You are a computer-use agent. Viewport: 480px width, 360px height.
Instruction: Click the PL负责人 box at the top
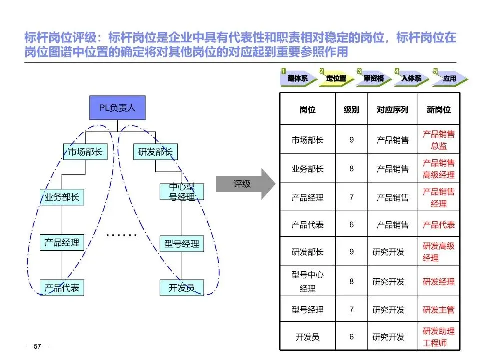(x=117, y=108)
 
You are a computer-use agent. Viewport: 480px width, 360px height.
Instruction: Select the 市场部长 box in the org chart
(x=85, y=152)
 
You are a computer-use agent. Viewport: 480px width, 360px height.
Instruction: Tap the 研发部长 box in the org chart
(x=155, y=152)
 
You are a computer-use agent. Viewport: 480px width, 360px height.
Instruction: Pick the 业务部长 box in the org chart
(x=62, y=197)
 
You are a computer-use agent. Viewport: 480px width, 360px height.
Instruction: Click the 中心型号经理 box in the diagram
(x=182, y=192)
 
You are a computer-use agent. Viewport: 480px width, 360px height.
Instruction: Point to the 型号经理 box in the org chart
(x=182, y=244)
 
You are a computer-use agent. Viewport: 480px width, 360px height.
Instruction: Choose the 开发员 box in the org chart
(x=182, y=288)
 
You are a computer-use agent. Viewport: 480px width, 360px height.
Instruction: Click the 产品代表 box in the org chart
(x=62, y=288)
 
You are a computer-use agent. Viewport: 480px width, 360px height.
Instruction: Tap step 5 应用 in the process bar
(x=449, y=78)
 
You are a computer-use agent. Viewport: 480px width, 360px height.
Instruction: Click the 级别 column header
(x=351, y=109)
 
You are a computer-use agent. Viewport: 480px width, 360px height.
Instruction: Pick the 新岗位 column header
(x=439, y=109)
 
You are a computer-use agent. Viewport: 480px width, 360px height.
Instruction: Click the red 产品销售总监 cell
(x=439, y=140)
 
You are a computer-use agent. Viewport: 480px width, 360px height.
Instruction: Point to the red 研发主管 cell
(x=439, y=310)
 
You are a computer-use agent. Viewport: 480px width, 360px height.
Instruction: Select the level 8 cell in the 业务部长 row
(x=351, y=169)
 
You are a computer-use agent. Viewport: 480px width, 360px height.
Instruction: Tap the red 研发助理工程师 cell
(x=439, y=337)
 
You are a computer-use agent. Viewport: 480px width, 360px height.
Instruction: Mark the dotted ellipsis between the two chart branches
(x=121, y=235)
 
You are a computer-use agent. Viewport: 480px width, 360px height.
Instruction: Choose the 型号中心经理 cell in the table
(x=308, y=282)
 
